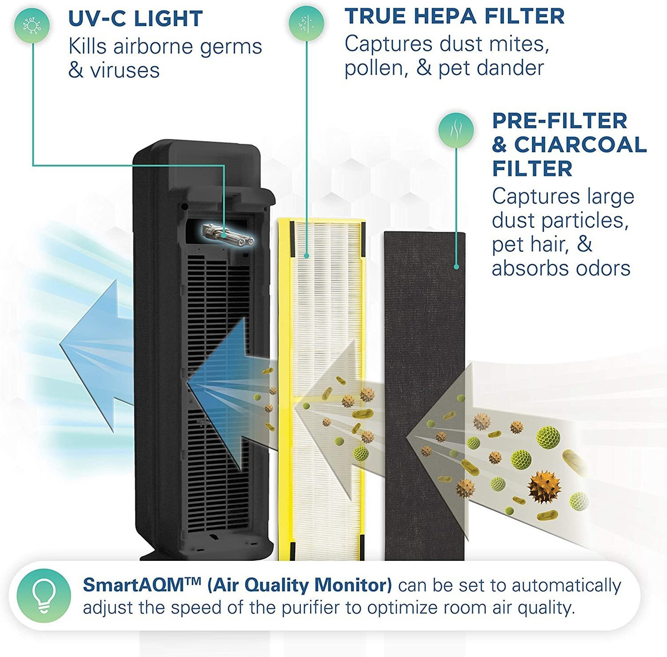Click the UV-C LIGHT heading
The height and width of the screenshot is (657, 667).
coord(135,18)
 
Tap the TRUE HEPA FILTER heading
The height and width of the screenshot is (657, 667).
coord(455,16)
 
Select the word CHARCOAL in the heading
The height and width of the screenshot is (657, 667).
coord(580,145)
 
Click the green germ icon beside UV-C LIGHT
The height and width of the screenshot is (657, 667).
coord(32,26)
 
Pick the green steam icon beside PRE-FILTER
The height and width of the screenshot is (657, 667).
coord(456,131)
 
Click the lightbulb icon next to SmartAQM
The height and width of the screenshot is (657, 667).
coord(43,596)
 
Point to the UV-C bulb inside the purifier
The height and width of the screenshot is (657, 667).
coord(228,235)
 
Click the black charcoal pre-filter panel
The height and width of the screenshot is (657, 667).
coord(424,396)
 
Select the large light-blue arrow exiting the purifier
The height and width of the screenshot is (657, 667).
coord(97,346)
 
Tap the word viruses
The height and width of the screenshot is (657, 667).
coord(125,70)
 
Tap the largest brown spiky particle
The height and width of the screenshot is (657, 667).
coord(545,486)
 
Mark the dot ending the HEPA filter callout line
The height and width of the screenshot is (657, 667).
coord(306,256)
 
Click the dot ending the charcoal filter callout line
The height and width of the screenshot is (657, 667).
coord(456,267)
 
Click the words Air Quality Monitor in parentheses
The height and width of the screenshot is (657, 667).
coord(300,585)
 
